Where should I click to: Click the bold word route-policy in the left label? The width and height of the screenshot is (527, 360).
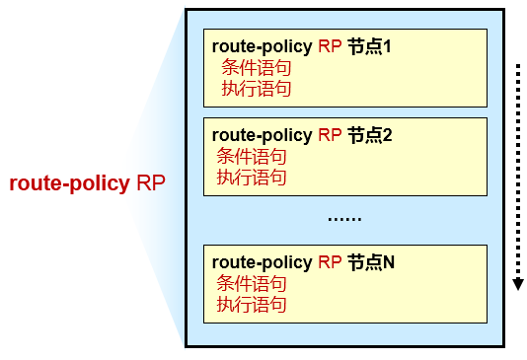click(x=69, y=183)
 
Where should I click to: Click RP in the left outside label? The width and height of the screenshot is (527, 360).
click(x=151, y=183)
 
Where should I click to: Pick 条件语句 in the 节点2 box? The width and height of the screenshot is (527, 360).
click(x=251, y=157)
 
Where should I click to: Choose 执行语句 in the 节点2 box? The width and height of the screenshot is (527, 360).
click(x=251, y=178)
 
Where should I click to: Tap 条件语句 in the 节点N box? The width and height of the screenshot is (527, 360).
click(x=251, y=283)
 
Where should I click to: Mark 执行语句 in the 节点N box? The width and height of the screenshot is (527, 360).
click(x=251, y=304)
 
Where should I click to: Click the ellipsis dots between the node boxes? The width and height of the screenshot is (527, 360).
click(x=344, y=217)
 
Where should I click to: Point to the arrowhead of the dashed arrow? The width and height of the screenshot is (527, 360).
click(x=516, y=286)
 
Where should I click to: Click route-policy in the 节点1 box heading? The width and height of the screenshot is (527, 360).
click(x=262, y=46)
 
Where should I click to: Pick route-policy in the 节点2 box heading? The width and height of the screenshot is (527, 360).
click(x=262, y=135)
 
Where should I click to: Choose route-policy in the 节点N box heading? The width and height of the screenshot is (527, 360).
click(x=262, y=261)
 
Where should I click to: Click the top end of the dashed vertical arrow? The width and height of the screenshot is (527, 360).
click(x=516, y=66)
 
